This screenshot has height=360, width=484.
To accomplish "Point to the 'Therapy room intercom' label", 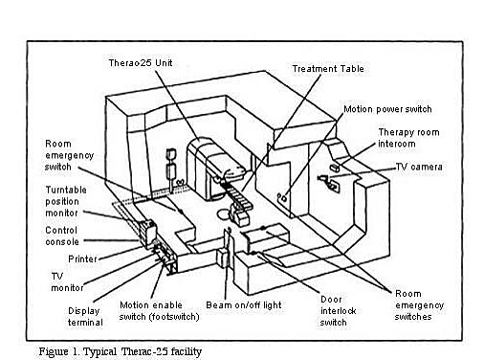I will pyautogui.click(x=410, y=137).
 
